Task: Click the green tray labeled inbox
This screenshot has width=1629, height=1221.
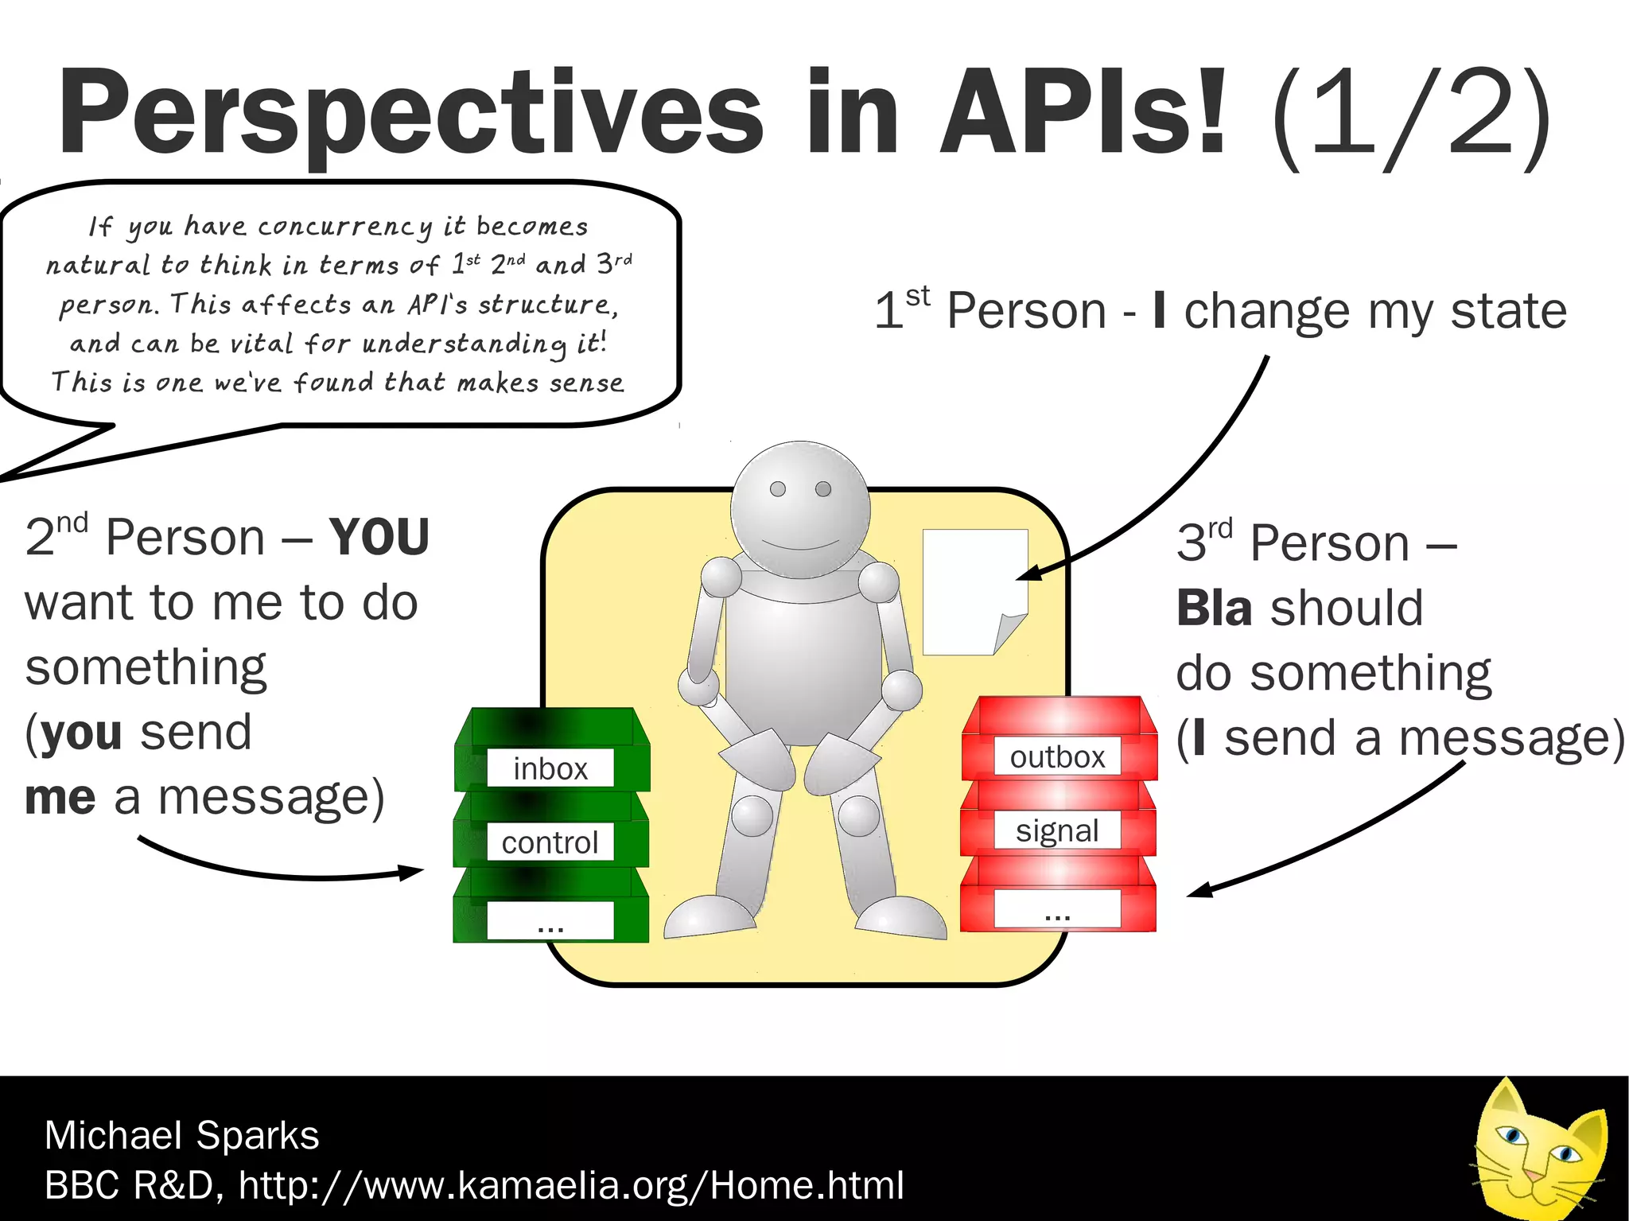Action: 551,752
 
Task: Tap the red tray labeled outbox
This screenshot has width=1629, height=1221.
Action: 1058,740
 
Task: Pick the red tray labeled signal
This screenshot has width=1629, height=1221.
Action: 1058,819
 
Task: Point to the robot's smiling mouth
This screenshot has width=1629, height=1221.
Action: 800,546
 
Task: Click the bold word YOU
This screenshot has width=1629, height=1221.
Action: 379,537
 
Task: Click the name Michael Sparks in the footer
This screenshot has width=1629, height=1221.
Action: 181,1134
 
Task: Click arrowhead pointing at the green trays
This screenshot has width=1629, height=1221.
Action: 414,873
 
